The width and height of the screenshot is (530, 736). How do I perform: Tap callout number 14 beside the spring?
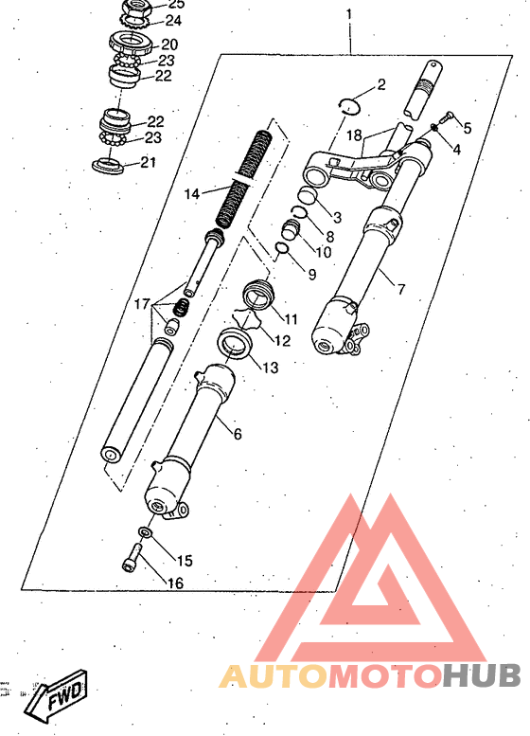192,194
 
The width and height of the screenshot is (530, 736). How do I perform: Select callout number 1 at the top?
349,14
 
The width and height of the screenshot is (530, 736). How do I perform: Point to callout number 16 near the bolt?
175,583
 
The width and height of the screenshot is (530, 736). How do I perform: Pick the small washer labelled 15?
146,532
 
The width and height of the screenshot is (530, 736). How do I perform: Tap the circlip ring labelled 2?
350,106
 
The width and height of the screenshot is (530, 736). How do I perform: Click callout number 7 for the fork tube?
401,289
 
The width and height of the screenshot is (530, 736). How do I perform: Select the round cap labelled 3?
309,194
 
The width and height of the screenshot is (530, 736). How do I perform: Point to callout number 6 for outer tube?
238,434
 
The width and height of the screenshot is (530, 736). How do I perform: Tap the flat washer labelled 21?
108,166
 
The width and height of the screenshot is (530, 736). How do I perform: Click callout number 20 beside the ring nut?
169,45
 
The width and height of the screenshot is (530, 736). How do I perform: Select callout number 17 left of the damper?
142,304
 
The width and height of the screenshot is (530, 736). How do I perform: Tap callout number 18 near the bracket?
355,135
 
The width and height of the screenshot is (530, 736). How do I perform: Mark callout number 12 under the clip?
282,340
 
